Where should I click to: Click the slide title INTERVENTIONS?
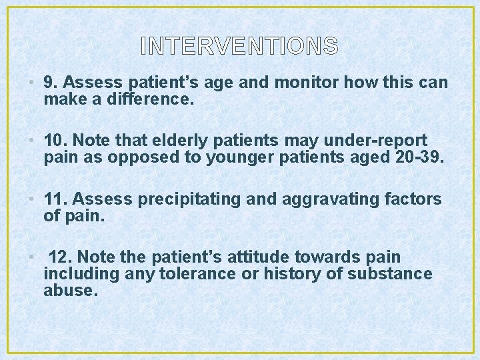coord(239,46)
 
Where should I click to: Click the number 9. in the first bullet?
coord(51,83)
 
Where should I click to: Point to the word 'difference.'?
coord(149,100)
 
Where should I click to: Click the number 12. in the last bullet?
coord(61,257)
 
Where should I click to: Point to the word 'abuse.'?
coord(71,291)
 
